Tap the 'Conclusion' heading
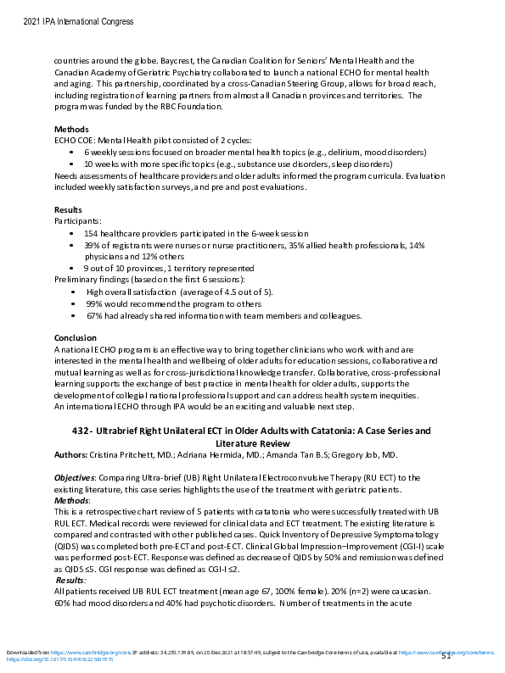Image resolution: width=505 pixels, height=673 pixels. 75,338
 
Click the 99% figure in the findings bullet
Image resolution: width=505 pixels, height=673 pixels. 94,303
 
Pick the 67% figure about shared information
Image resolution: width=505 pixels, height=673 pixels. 94,316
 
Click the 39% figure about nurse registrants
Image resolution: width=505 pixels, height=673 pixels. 93,245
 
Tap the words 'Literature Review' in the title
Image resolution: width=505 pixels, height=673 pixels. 252,443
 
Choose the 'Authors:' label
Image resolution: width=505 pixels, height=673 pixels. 70,455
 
